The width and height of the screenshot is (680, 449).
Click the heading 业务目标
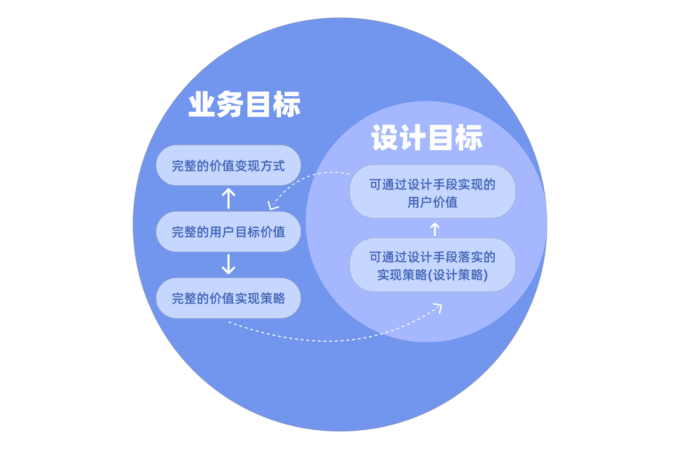[x=244, y=104]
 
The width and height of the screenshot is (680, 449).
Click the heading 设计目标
[x=427, y=138]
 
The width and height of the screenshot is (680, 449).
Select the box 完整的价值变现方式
[x=228, y=166]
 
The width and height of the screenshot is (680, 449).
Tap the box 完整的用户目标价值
[x=228, y=232]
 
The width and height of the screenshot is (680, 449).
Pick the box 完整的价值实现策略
[x=228, y=298]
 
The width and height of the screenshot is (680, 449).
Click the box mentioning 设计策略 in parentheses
[x=432, y=265]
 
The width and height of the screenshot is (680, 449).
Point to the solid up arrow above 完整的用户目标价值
[x=228, y=198]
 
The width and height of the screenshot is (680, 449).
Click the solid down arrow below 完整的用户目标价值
[x=228, y=264]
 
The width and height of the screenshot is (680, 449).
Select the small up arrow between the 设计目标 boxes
[x=435, y=229]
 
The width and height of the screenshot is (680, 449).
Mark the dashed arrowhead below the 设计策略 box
[x=438, y=307]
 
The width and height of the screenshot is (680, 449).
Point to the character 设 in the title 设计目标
[x=385, y=138]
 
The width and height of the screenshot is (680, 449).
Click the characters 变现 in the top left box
[x=247, y=166]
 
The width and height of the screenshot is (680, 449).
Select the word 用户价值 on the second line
[x=432, y=202]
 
